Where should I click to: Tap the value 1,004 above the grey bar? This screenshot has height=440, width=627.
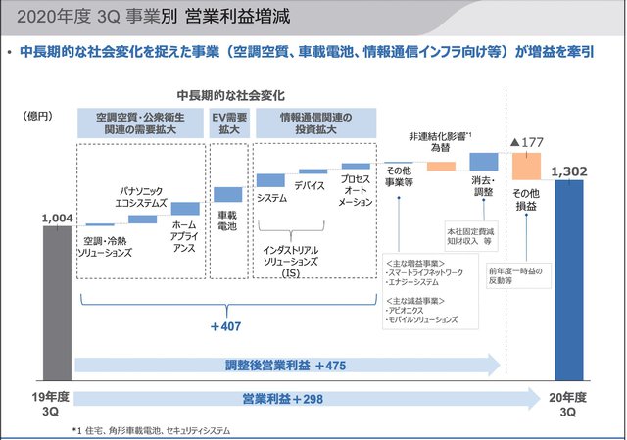tap(57, 219)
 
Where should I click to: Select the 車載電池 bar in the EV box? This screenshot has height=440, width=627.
tap(227, 194)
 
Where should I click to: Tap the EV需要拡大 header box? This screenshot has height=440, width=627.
tap(227, 122)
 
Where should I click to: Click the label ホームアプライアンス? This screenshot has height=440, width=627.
tap(184, 235)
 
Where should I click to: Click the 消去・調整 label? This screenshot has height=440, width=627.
tap(482, 187)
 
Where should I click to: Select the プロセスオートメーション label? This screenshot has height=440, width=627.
tap(357, 190)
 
